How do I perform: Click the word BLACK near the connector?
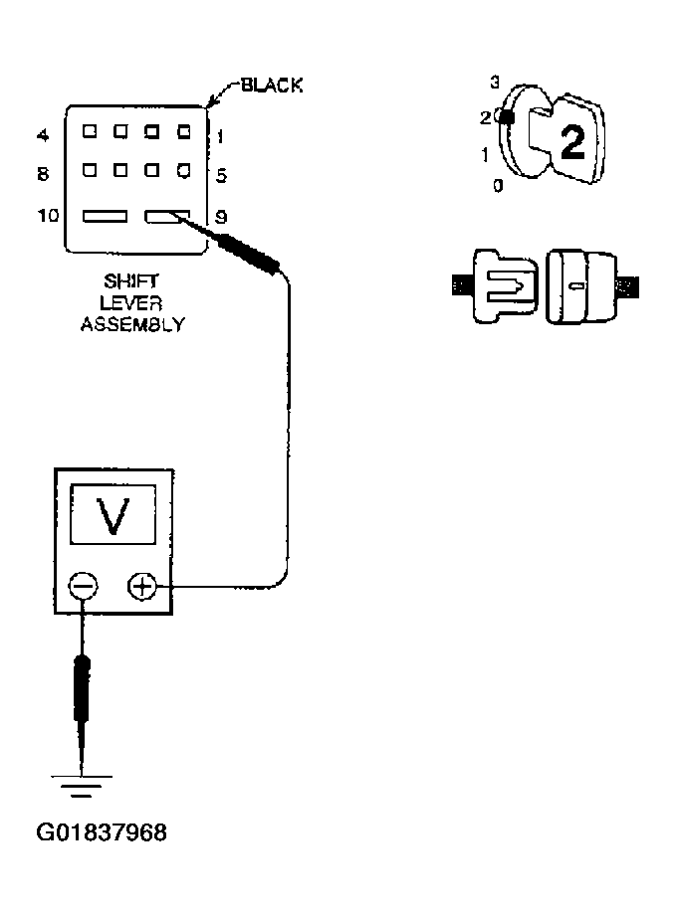click(272, 87)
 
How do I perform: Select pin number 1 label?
click(221, 133)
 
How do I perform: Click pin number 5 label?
click(221, 175)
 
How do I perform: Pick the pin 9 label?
click(221, 216)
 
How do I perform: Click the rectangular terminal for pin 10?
click(105, 216)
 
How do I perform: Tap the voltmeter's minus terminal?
click(82, 587)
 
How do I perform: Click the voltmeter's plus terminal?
click(141, 587)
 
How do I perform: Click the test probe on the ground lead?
click(84, 685)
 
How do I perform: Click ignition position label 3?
click(495, 83)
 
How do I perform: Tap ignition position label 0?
click(498, 184)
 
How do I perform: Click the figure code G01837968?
click(102, 831)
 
